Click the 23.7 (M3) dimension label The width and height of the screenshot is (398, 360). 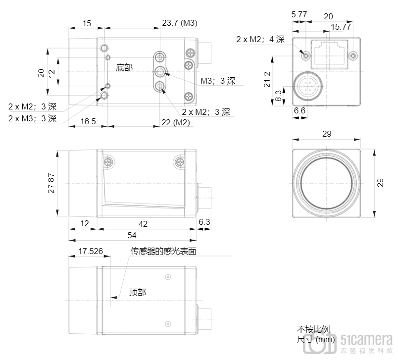point(180,23)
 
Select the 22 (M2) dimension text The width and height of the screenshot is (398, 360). point(175,122)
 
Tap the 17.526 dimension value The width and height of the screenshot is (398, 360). point(91,251)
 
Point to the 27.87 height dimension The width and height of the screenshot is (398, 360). point(51,183)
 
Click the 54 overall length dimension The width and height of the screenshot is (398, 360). point(132,235)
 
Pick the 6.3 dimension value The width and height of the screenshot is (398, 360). point(204,222)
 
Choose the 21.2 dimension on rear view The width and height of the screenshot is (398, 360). point(267,79)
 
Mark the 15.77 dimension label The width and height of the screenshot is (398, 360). point(341,27)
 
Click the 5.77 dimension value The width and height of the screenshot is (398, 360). point(299,14)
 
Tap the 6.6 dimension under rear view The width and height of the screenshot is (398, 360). point(299,110)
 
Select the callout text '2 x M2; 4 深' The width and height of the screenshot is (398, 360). point(260,39)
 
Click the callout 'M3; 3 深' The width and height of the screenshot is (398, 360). point(218,81)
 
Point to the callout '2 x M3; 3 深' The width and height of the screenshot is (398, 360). point(32,118)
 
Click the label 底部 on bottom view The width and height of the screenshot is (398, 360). point(124,67)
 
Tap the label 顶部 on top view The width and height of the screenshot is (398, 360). point(138,292)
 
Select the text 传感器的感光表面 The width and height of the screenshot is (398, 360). point(163,251)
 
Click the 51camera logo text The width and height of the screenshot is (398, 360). point(366,339)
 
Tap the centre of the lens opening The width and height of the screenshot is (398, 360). point(326,183)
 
